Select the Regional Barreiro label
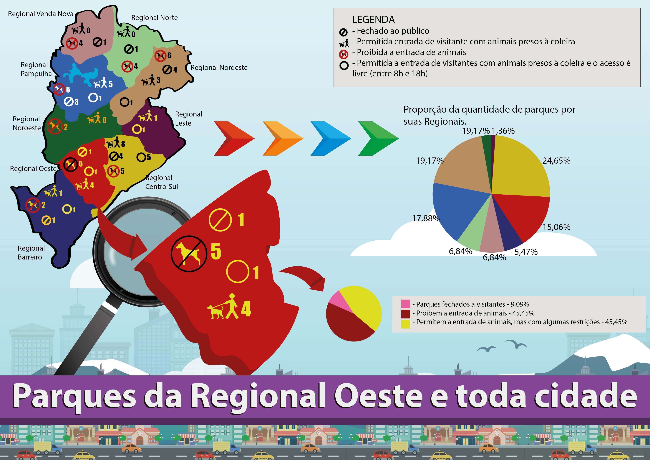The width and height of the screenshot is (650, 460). click(x=31, y=252)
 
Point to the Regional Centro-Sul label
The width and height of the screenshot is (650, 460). click(x=162, y=182)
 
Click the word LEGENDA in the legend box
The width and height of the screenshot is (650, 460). click(x=373, y=19)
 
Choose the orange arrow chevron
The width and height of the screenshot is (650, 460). click(x=283, y=138)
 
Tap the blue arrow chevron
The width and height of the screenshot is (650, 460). click(x=331, y=138)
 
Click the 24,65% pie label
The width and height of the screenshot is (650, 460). click(x=556, y=161)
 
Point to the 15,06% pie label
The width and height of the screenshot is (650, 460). click(x=556, y=227)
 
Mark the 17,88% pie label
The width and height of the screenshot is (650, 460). click(x=426, y=218)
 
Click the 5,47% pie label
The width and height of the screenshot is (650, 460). click(x=526, y=252)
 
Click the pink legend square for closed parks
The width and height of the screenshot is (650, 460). click(x=406, y=304)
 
